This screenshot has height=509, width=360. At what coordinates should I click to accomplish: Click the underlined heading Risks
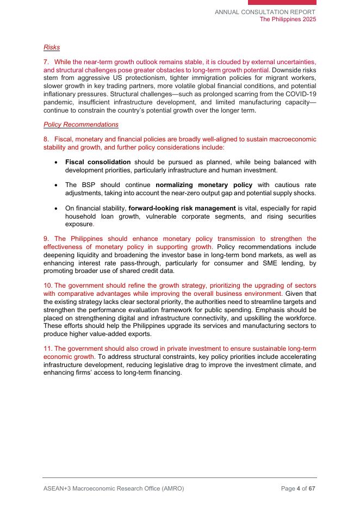pyautogui.click(x=52, y=47)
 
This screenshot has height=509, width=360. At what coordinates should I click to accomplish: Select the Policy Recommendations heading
pyautogui.click(x=80, y=125)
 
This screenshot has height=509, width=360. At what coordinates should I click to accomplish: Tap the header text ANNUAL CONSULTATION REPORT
pyautogui.click(x=265, y=12)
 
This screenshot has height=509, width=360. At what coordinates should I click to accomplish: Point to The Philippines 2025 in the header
pyautogui.click(x=288, y=19)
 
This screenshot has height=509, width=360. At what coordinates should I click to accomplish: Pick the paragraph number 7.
pyautogui.click(x=46, y=62)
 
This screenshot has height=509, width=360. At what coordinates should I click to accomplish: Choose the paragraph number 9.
pyautogui.click(x=46, y=239)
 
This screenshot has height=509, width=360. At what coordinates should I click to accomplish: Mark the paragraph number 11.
pyautogui.click(x=47, y=349)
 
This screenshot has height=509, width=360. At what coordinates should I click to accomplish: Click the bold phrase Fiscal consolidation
pyautogui.click(x=98, y=162)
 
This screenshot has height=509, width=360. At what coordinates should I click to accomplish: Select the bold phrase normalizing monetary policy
pyautogui.click(x=204, y=185)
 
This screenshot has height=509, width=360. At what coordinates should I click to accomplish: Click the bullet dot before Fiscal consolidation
pyautogui.click(x=57, y=163)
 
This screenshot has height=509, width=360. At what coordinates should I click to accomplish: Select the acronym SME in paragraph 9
pyautogui.click(x=245, y=263)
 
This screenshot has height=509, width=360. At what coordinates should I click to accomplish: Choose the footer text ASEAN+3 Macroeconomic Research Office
pyautogui.click(x=113, y=488)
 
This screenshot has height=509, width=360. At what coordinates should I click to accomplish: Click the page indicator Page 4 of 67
pyautogui.click(x=298, y=488)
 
